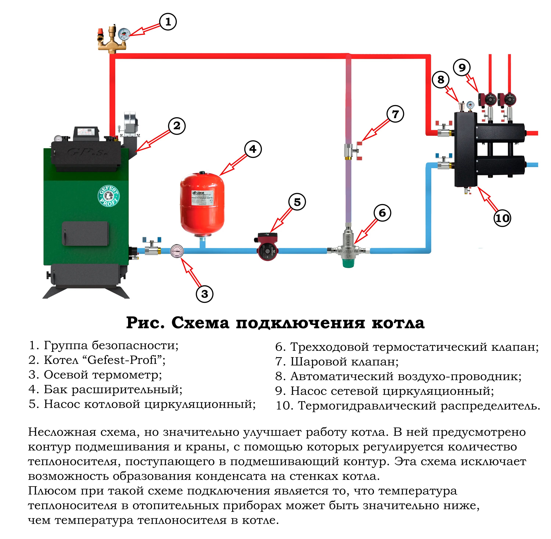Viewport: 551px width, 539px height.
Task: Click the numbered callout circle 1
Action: coord(168,22)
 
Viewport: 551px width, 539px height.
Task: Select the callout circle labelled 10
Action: coord(502,218)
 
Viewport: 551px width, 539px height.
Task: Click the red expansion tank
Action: coord(202,204)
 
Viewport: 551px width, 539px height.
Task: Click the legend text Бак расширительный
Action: coord(113,390)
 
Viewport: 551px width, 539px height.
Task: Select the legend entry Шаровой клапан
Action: coord(344,362)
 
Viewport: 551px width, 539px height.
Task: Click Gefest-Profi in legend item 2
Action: coord(122,360)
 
